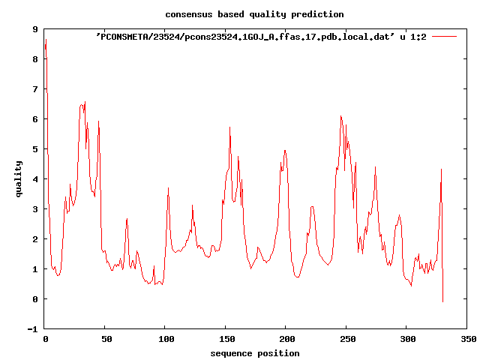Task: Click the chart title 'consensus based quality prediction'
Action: [255, 14]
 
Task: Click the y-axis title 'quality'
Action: [19, 178]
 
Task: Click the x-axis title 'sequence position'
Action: [255, 353]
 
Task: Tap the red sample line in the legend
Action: [444, 36]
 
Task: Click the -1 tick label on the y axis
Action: [33, 329]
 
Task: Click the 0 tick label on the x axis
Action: [45, 340]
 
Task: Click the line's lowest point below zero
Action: [442, 301]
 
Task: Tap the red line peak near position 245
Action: [340, 116]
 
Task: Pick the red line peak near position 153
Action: [229, 127]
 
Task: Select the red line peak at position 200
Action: [285, 150]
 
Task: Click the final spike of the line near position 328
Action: [441, 169]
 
